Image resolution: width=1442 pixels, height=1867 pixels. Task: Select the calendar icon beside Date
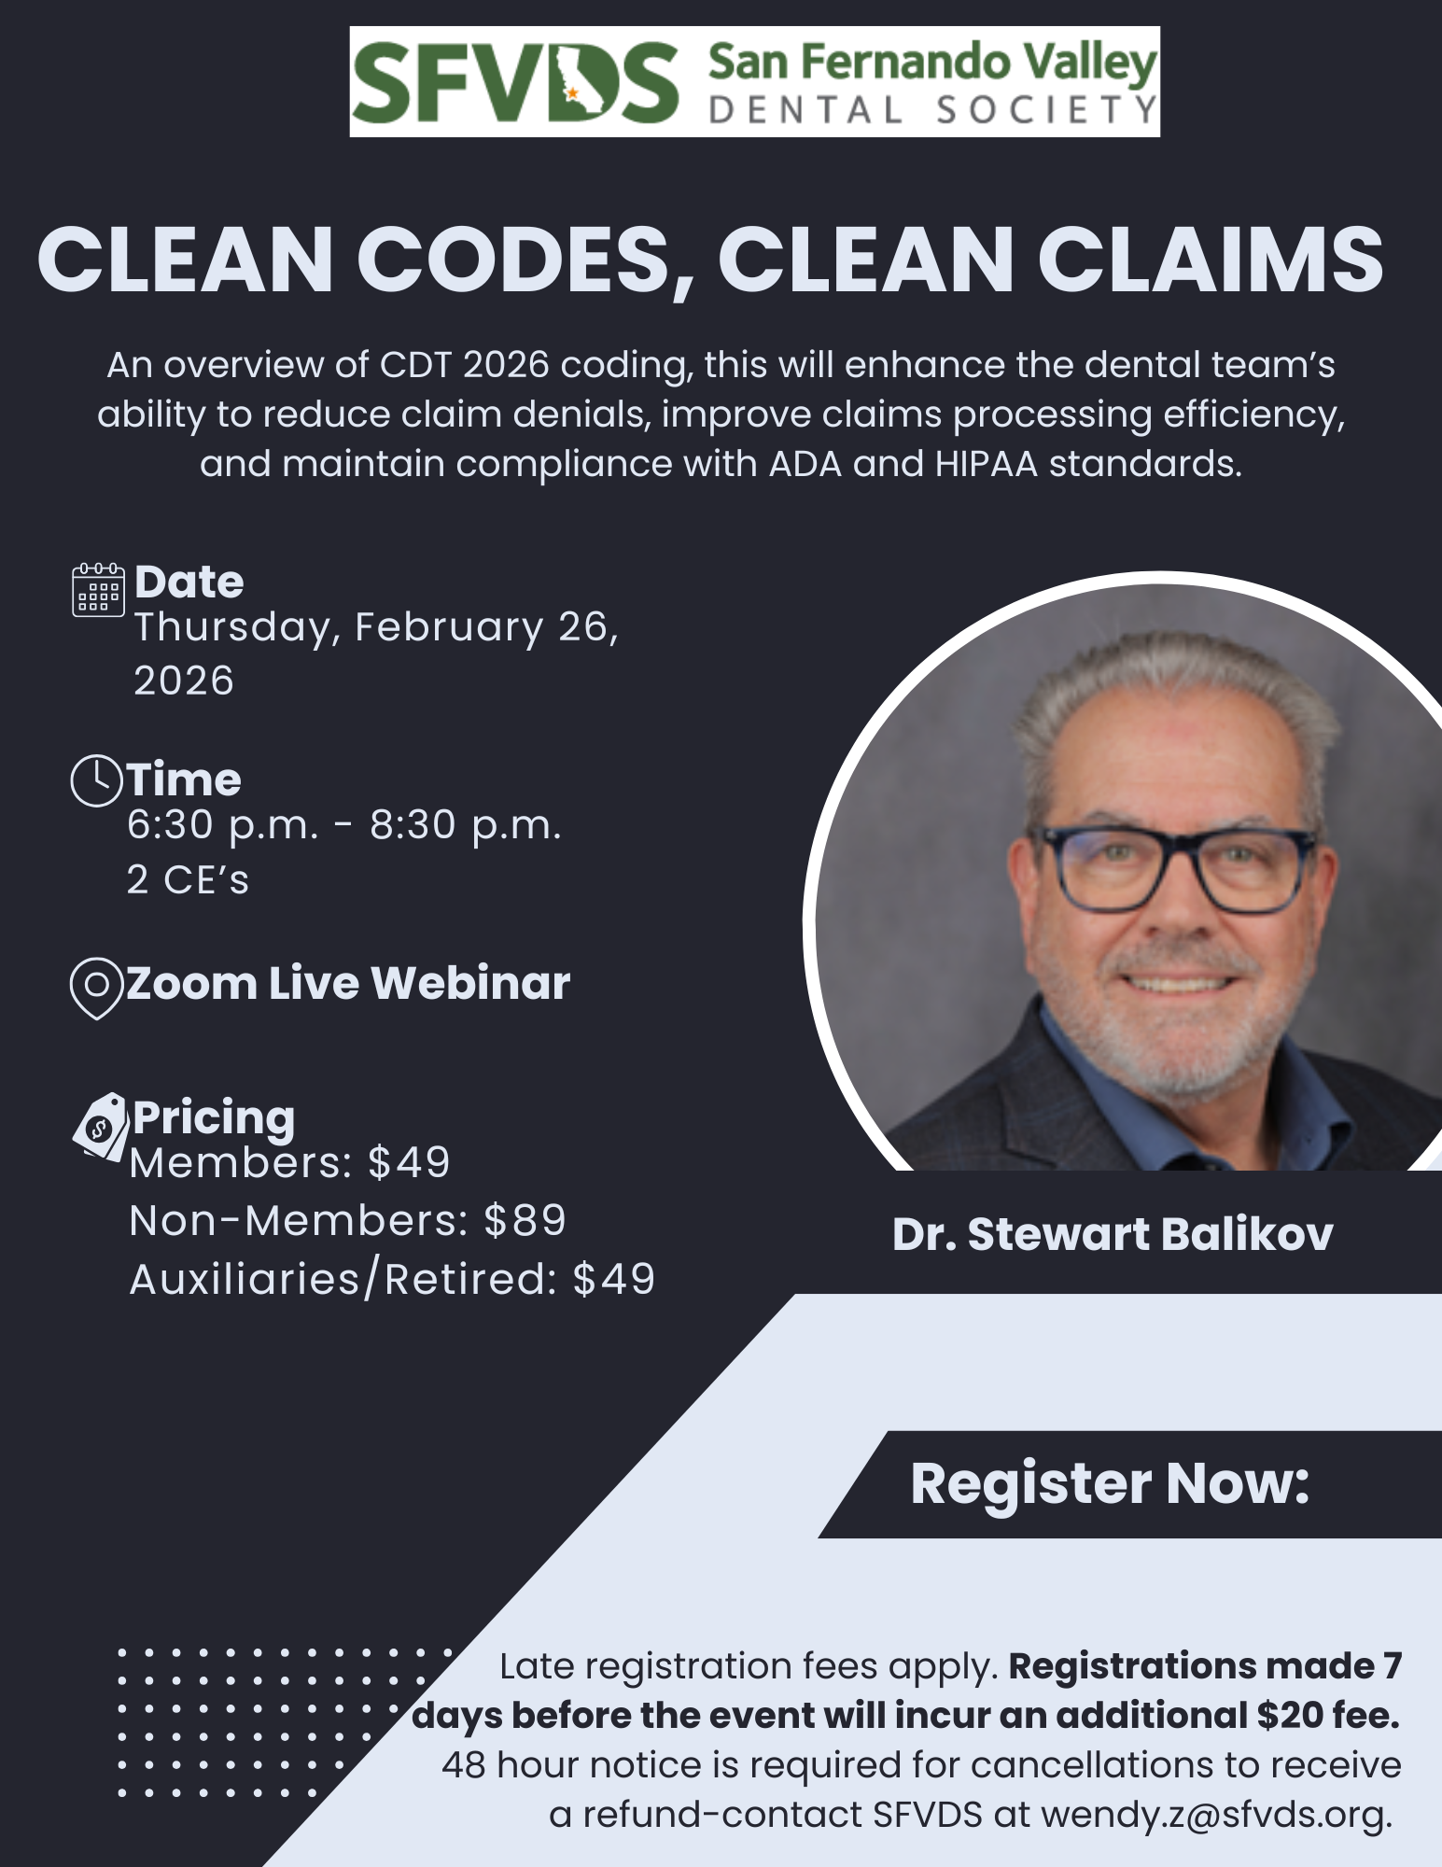point(98,589)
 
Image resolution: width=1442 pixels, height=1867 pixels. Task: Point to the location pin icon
point(97,988)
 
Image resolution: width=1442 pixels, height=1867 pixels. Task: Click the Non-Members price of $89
point(525,1220)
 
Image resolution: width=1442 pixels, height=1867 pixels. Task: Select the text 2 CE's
point(189,879)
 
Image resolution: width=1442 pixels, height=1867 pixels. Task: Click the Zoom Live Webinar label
point(348,983)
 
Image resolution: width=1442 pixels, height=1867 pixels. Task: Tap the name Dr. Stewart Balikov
point(1113,1234)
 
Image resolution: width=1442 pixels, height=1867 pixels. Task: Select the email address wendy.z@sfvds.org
point(1216,1814)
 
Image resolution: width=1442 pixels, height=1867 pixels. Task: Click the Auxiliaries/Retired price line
point(392,1279)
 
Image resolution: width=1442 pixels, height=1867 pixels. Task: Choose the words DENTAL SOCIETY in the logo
point(932,111)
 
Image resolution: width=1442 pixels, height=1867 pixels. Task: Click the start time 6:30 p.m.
point(223,825)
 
